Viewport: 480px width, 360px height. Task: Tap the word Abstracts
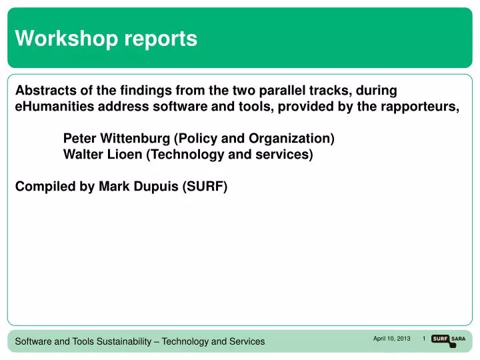[45, 90]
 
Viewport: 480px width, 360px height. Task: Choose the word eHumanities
[54, 107]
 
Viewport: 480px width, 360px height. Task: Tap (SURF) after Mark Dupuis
[205, 187]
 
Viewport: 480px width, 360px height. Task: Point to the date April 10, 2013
[391, 339]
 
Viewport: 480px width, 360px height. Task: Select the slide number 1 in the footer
[424, 339]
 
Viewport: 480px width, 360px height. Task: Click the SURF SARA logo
[449, 339]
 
